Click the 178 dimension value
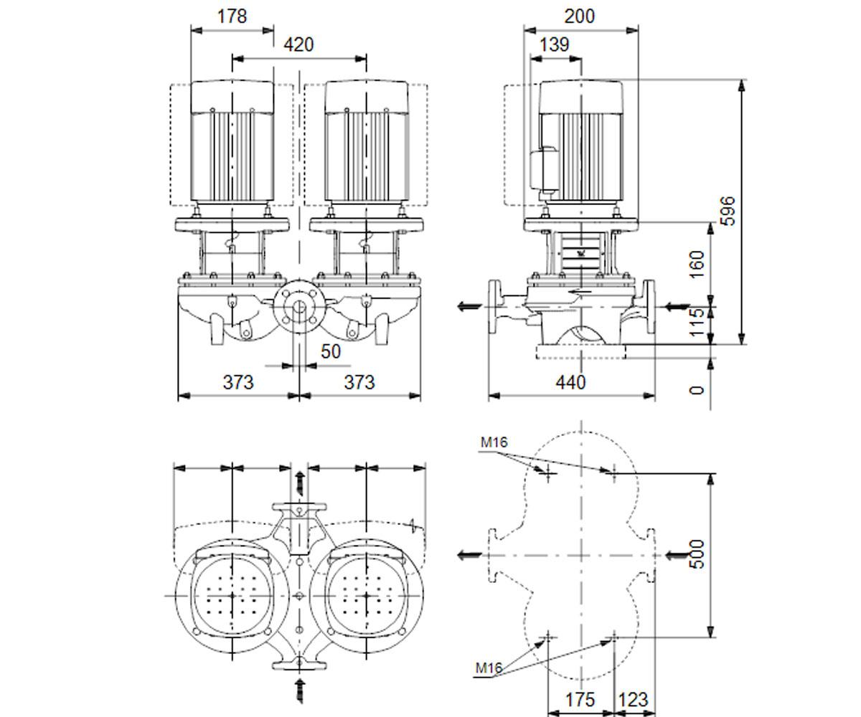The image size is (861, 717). click(x=232, y=16)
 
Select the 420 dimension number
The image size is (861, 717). click(x=298, y=44)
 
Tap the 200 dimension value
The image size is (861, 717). click(x=579, y=16)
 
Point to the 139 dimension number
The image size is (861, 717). click(x=554, y=44)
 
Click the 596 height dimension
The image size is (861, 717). click(x=729, y=211)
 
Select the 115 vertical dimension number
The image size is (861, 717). click(x=697, y=322)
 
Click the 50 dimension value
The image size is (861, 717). click(x=331, y=351)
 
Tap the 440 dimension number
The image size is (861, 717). click(x=570, y=382)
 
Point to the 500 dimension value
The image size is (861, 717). click(x=697, y=554)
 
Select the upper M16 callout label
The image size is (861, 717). click(x=494, y=442)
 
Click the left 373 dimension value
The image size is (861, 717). click(x=238, y=382)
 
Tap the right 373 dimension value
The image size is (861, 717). click(x=359, y=382)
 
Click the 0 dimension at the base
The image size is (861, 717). click(x=697, y=390)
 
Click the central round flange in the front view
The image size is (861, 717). click(x=299, y=307)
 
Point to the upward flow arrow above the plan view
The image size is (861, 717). click(x=300, y=484)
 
